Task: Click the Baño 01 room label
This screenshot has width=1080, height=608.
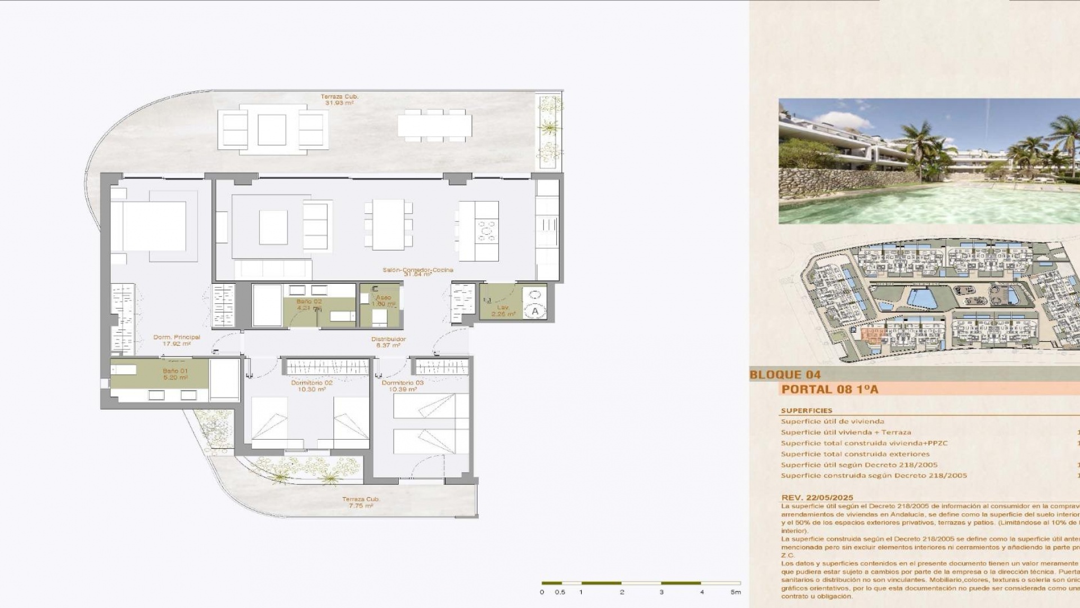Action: coord(175,371)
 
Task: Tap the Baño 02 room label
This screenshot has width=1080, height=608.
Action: coord(309,302)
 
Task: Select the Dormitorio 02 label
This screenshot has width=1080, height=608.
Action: coord(312,383)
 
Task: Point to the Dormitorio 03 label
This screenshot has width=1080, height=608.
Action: coord(402,383)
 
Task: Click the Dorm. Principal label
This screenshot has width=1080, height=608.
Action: coord(177,337)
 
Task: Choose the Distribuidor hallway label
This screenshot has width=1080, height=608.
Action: coord(388,339)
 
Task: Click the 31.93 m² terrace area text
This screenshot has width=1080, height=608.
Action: coord(339,103)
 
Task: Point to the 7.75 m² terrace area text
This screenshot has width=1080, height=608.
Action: coord(361,506)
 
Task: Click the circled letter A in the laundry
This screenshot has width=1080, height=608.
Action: coord(534,311)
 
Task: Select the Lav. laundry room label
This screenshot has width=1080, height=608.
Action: coord(502,307)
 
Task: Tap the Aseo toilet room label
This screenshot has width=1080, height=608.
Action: coord(384,297)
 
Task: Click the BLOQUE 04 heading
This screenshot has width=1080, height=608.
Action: coord(785,374)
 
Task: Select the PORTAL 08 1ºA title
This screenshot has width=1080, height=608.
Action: coord(830,389)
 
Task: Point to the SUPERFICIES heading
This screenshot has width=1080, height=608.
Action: coord(806,410)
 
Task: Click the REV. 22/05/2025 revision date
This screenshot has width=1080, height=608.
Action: coord(817,498)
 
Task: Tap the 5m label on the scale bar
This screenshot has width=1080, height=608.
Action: coord(735,592)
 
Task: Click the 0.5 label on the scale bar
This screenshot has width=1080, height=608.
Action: coord(560,592)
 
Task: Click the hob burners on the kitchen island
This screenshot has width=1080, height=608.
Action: coord(487,230)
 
